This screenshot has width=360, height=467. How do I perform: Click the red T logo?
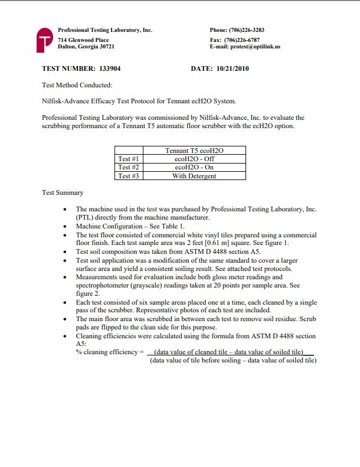coord(45,39)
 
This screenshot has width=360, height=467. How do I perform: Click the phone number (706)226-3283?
coord(245,30)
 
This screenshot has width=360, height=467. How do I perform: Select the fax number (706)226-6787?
coord(243,40)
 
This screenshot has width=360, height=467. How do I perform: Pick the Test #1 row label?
coord(128,159)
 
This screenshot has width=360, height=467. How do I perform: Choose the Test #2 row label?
coord(128,167)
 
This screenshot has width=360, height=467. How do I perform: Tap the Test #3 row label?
coord(128,176)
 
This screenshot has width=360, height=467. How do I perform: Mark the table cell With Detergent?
coord(194,176)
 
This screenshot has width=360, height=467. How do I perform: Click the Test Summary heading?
coord(63,192)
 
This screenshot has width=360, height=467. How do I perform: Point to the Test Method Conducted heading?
coord(77,85)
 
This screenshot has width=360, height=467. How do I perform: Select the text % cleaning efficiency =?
coord(110,352)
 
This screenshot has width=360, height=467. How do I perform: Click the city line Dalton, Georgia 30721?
coord(86,47)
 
